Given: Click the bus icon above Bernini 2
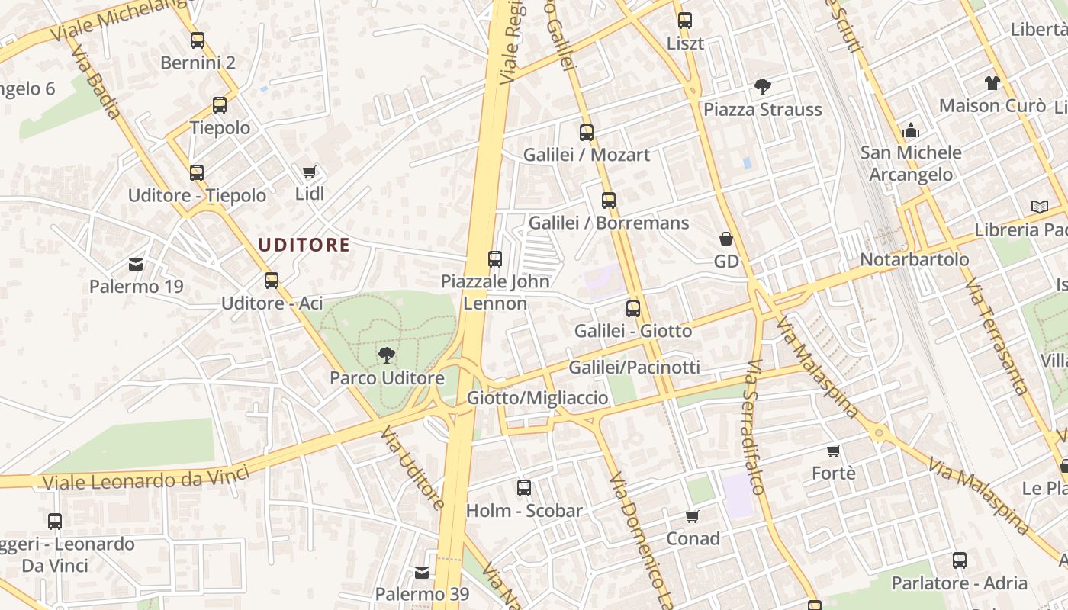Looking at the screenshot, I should (x=198, y=40).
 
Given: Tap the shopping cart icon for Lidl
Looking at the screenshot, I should (x=310, y=172).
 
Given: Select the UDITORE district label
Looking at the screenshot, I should (x=304, y=245).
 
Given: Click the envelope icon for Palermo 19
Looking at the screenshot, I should (x=136, y=265).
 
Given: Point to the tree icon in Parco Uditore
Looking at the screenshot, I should (x=387, y=355).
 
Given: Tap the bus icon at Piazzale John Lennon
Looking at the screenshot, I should (x=495, y=259).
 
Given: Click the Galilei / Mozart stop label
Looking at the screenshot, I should (x=586, y=155).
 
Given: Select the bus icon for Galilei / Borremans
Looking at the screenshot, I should (x=608, y=201).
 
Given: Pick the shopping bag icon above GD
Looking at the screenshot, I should (x=726, y=239).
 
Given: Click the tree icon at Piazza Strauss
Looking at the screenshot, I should (x=762, y=87).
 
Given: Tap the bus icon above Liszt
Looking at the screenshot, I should (x=685, y=21).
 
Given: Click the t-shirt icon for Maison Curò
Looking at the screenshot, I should (x=992, y=83).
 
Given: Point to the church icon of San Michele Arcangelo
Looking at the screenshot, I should (x=910, y=130).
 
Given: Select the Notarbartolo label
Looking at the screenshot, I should (x=914, y=259).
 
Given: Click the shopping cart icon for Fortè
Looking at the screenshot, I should (x=833, y=451).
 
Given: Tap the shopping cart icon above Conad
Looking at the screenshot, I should (x=693, y=516).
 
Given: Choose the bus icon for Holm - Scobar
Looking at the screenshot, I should (x=524, y=488).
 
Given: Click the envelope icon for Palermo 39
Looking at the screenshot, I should (x=422, y=572).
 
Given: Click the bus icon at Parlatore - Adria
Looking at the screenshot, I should (x=960, y=560).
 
